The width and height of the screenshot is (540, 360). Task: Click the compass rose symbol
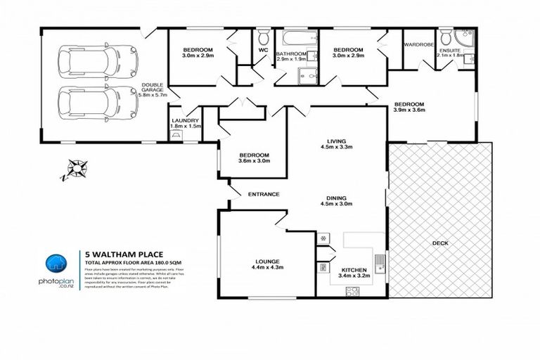[x=76, y=169]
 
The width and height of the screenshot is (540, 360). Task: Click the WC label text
[x=262, y=51]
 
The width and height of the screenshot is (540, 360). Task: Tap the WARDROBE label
[x=420, y=44]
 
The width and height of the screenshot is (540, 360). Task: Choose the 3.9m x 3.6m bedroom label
[x=409, y=105]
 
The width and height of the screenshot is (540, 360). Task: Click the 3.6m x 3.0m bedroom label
[x=254, y=158]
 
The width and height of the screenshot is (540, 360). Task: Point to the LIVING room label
[x=335, y=143]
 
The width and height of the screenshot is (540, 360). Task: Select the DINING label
[x=335, y=200]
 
